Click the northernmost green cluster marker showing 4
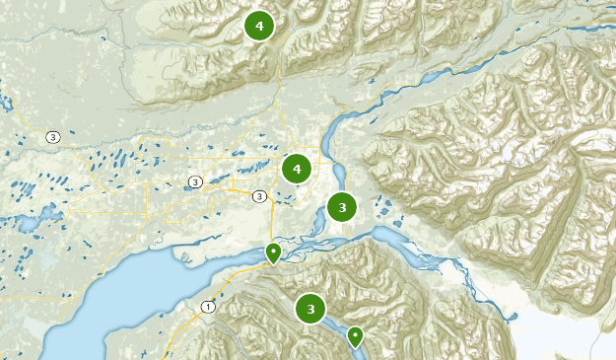259,27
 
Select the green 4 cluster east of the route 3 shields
296,170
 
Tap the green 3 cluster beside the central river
341,207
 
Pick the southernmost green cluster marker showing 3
310,309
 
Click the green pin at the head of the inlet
273,252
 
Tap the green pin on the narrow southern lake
355,336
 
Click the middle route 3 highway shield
195,181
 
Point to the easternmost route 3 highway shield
258,195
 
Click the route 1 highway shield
207,308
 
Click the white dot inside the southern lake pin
355,334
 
